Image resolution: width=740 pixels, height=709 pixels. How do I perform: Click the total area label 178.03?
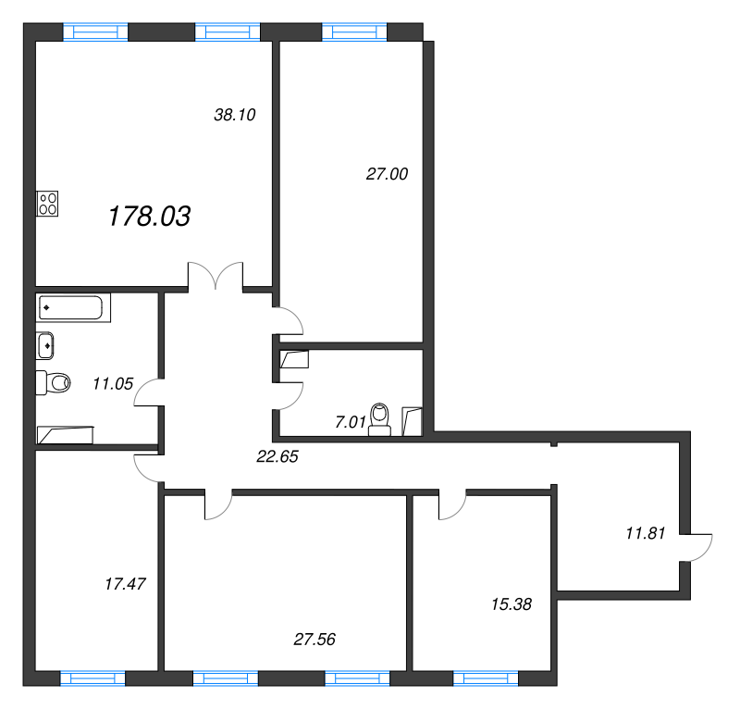150,218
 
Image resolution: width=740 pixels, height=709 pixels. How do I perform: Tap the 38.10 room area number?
234,116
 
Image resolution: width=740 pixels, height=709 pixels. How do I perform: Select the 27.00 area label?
388,173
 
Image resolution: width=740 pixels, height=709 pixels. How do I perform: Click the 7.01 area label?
350,422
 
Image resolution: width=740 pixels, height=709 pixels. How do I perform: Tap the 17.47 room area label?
127,584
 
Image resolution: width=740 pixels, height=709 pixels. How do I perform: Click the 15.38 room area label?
511,603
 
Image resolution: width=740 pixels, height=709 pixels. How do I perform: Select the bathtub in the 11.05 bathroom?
74,307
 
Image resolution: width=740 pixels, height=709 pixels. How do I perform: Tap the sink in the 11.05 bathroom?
46,346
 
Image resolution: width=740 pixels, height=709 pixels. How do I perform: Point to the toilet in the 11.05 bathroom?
54,381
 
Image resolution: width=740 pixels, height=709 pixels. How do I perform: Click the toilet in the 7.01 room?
380,418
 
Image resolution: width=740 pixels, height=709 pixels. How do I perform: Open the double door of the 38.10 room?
216,276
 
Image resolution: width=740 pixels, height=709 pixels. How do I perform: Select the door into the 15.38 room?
452,504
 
